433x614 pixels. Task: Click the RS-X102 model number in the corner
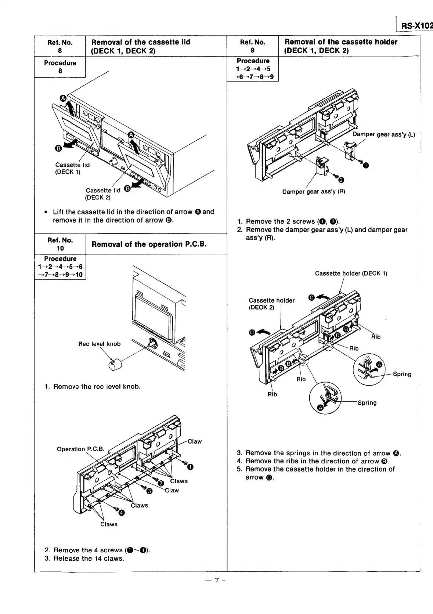(416, 26)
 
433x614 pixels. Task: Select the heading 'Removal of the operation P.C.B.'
(149, 244)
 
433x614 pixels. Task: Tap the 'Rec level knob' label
(99, 344)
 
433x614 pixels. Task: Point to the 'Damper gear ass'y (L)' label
(383, 134)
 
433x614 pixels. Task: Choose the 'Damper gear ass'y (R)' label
(313, 191)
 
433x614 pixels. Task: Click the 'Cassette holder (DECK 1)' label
(351, 274)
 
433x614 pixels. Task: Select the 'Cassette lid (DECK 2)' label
(103, 194)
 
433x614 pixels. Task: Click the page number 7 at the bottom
(217, 581)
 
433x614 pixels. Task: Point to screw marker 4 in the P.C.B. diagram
(122, 513)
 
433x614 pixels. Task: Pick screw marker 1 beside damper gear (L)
(365, 166)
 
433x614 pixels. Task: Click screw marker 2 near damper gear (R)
(341, 180)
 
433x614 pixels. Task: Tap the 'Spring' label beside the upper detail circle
(402, 374)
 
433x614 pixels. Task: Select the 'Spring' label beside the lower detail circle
(367, 403)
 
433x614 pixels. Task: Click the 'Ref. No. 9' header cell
(252, 46)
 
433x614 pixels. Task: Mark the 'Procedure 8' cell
(60, 67)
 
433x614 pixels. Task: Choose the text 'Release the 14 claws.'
(89, 559)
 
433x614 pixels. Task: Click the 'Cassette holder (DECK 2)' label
(271, 304)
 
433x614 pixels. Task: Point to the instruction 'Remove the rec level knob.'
(97, 386)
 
